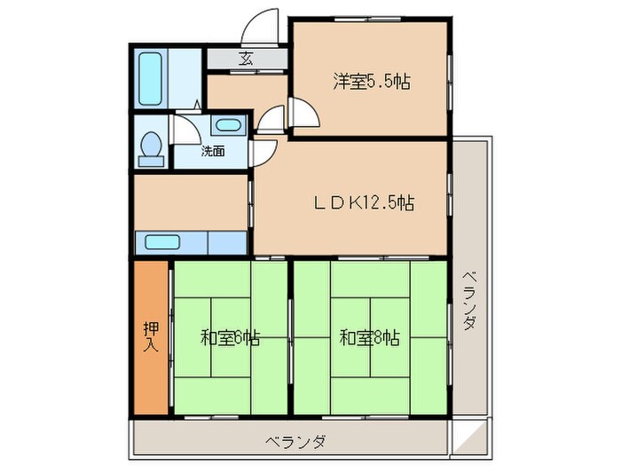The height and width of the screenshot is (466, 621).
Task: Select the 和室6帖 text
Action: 231,337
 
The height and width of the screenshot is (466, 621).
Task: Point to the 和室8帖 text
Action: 368,337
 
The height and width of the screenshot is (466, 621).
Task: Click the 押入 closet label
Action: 151,336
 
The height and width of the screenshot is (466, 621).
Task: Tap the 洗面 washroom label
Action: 213,151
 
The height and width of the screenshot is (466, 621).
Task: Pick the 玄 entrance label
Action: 246,59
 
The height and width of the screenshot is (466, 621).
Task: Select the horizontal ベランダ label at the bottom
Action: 295,441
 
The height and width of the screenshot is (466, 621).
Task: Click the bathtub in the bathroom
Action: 151,77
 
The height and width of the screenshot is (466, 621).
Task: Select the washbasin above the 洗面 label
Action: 229,125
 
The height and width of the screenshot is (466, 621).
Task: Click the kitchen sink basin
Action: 163,241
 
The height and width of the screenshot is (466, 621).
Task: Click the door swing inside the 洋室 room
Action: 304,114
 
